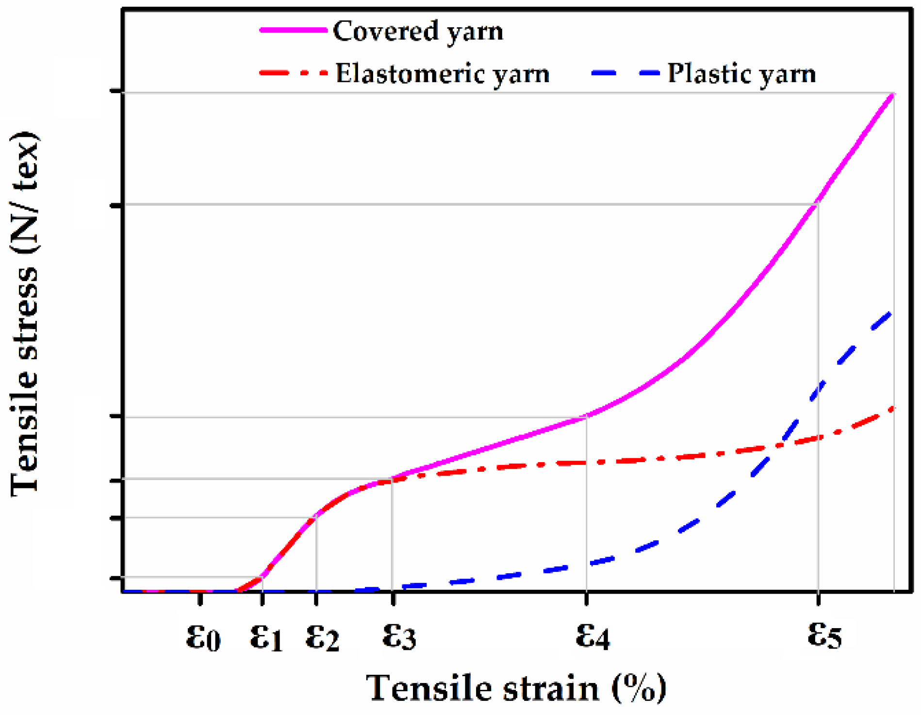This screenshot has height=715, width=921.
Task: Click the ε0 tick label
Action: (x=203, y=637)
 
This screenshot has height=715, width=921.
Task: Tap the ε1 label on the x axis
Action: (x=266, y=637)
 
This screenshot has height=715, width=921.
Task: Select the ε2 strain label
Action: (x=322, y=637)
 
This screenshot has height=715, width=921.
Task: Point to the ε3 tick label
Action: (x=399, y=636)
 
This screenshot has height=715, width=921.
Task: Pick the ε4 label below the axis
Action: (x=592, y=636)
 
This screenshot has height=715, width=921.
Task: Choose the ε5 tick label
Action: (x=824, y=635)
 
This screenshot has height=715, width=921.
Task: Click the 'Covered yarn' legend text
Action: (x=418, y=32)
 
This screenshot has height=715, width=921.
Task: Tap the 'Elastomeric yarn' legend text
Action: (x=442, y=74)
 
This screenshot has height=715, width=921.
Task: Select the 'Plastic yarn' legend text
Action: (x=741, y=74)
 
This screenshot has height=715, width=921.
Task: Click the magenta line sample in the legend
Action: (x=293, y=30)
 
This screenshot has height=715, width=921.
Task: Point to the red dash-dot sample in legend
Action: (x=293, y=74)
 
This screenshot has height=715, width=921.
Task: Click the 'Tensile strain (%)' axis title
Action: (x=515, y=688)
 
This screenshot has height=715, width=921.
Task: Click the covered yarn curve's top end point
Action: (x=892, y=94)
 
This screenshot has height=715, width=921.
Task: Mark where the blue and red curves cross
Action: (x=775, y=446)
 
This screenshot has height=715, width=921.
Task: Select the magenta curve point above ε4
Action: (x=587, y=416)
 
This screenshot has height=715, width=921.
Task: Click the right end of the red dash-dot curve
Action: (x=893, y=409)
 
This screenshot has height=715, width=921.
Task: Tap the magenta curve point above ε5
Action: (x=818, y=202)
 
